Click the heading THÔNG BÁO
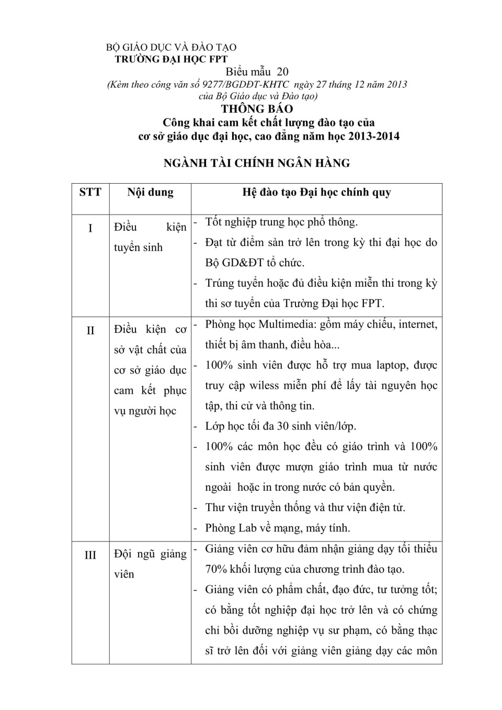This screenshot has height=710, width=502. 257,109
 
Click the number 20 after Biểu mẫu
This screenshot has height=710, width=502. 282,72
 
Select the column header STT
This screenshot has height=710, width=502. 90,192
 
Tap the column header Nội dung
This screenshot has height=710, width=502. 150,192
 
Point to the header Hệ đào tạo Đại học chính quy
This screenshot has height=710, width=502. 316,192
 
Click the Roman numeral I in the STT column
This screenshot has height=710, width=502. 90,228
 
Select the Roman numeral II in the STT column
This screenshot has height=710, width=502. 90,331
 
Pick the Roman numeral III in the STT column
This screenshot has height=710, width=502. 90,555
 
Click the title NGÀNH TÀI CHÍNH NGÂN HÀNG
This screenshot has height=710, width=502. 257,163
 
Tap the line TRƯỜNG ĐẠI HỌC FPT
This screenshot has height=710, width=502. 171,59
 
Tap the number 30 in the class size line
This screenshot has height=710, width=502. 283,426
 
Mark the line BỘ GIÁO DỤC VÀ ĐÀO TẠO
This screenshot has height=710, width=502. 171,48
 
